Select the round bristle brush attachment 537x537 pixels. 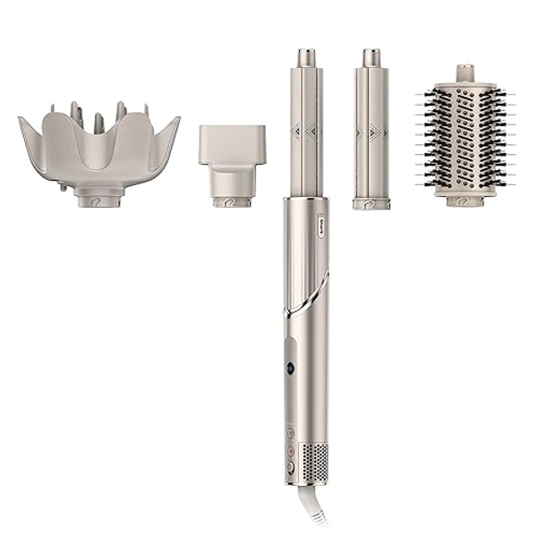pyautogui.click(x=464, y=139)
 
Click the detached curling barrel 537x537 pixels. pyautogui.click(x=371, y=134)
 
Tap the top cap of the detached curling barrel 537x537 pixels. pyautogui.click(x=371, y=58)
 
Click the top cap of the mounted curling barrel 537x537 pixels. pyautogui.click(x=306, y=58)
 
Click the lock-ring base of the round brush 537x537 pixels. pyautogui.click(x=464, y=200)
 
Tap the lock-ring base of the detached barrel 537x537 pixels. pyautogui.click(x=371, y=204)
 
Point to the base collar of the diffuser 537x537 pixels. pyautogui.click(x=98, y=199)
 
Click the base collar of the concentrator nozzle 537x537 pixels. pyautogui.click(x=233, y=200)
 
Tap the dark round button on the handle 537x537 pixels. pyautogui.click(x=291, y=368)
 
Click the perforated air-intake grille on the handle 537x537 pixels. pyautogui.click(x=316, y=461)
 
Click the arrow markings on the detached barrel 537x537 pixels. pyautogui.click(x=371, y=132)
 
